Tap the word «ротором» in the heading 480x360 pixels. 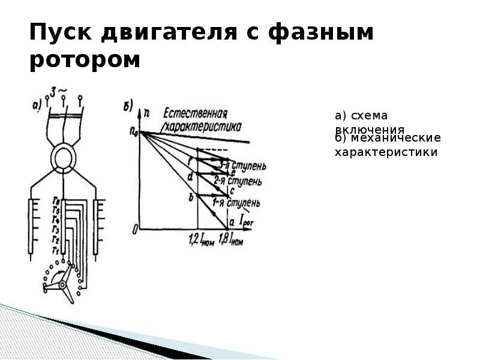[85, 61]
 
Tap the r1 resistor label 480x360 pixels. [55, 250]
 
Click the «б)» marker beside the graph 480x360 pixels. [128, 108]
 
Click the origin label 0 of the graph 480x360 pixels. [136, 229]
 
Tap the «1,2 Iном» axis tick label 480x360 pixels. [200, 241]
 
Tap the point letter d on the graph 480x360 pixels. [190, 177]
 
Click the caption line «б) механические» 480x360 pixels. [388, 139]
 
